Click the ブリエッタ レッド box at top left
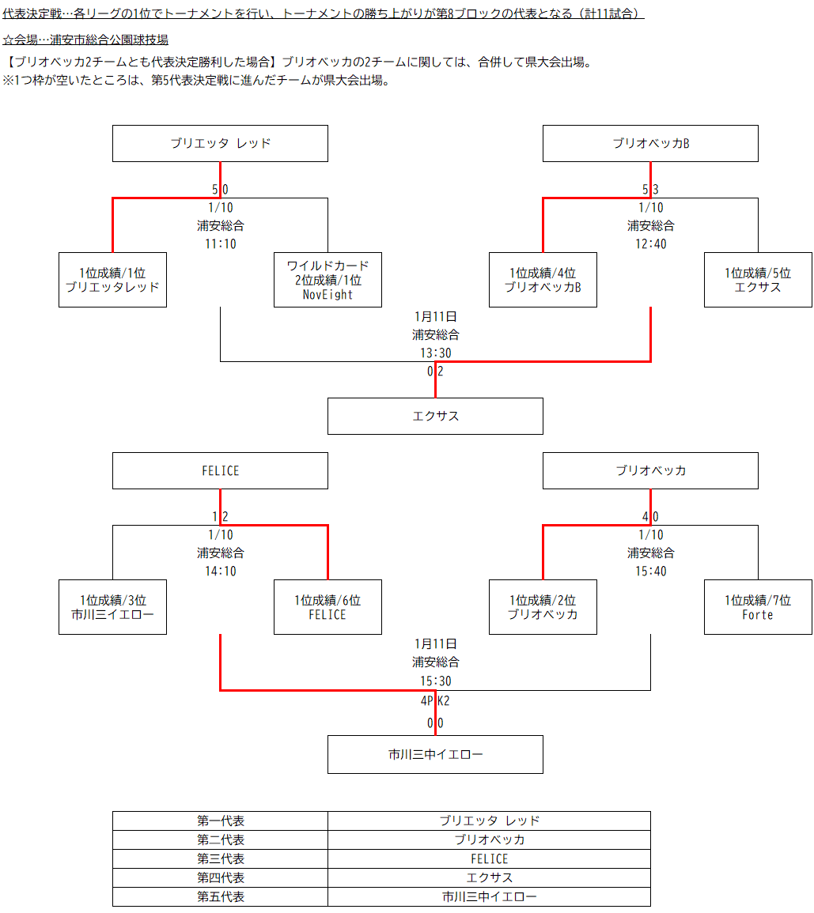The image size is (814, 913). (220, 144)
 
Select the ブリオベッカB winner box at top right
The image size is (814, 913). (650, 144)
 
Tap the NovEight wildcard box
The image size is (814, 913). (327, 280)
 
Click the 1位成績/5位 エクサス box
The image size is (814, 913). (758, 280)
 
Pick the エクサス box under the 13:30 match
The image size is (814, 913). (435, 416)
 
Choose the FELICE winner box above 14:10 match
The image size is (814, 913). (220, 471)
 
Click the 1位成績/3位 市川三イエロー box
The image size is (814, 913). (112, 607)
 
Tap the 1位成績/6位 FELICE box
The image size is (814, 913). (327, 607)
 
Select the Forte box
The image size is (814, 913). (758, 607)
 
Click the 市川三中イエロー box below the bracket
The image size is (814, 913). (435, 754)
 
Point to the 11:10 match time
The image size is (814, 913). (220, 244)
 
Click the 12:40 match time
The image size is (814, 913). (650, 244)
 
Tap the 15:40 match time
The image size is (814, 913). (650, 572)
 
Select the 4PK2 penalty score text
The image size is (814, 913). (435, 700)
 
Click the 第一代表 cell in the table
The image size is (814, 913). (220, 821)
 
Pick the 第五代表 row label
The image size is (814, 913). (220, 897)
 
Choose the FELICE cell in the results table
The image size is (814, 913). (489, 859)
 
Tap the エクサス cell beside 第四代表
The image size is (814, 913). (489, 878)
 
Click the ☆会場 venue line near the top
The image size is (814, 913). (85, 40)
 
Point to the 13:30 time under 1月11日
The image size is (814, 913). (435, 353)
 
